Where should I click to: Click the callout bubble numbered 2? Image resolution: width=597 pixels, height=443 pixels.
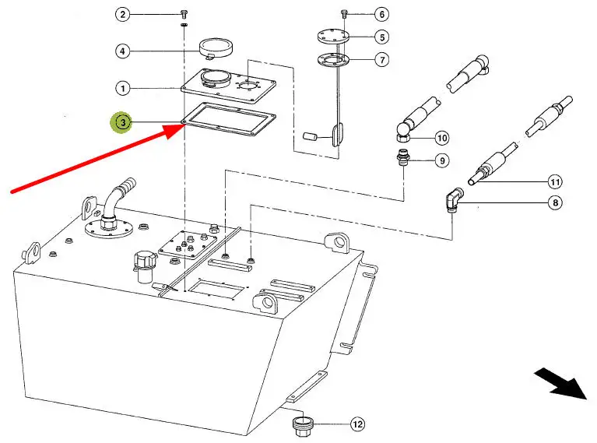pos(123,15)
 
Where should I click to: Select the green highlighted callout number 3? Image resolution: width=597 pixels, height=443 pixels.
pos(123,123)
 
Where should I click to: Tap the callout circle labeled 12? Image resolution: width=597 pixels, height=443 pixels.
pos(357,424)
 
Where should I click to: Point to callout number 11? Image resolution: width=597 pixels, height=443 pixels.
pos(555,182)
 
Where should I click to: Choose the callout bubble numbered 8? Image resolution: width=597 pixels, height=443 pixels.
pos(555,202)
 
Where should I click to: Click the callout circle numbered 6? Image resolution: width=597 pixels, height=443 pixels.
pos(382,15)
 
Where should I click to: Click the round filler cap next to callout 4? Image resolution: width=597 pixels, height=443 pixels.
pos(216,49)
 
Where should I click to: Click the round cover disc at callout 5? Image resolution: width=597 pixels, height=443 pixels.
pos(333,37)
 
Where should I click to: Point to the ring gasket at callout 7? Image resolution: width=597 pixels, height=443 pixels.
pos(333,59)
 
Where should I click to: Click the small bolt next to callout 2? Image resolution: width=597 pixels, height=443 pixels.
pos(184,15)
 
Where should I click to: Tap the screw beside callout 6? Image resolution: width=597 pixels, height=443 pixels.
pos(344,14)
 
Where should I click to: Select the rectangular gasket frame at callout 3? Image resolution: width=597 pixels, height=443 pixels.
pos(228,119)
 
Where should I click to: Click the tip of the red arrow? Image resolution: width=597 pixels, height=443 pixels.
pos(185,125)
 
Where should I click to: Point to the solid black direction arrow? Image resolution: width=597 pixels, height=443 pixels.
pos(562,383)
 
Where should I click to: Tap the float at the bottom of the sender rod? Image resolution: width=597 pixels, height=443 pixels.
pos(337,135)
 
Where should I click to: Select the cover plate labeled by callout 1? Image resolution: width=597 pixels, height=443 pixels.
pos(228,86)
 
